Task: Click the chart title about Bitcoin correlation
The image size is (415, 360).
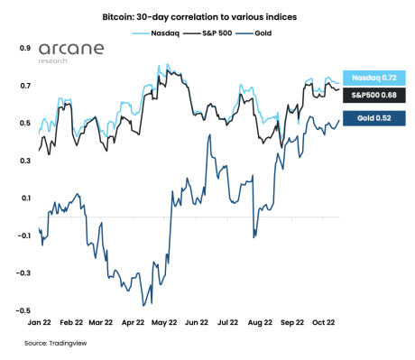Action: tap(207, 15)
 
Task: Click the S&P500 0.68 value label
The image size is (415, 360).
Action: tap(373, 96)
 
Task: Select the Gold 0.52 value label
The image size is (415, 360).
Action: tap(373, 118)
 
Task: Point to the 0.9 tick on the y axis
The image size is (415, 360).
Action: tap(26, 48)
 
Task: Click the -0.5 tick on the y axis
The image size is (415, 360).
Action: tap(24, 310)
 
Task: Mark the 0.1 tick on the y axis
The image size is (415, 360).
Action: tap(26, 198)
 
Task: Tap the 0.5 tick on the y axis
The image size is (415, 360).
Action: tap(26, 123)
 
